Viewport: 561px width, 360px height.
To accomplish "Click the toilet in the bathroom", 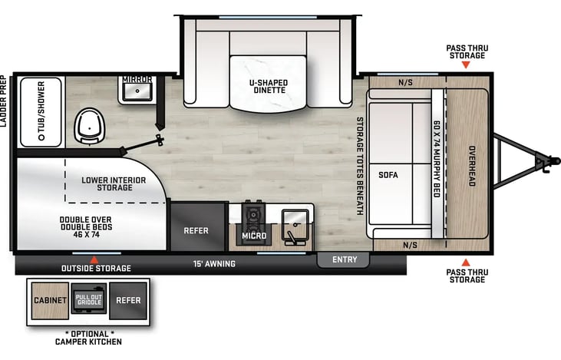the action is point(90,127).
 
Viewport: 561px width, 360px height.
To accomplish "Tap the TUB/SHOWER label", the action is point(41,111).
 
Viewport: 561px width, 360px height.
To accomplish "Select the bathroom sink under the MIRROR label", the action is point(137,92).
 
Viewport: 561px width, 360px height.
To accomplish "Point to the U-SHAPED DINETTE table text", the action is point(269,86).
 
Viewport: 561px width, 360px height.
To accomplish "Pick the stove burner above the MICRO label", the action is point(254,215).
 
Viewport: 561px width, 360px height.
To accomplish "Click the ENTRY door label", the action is point(345,259).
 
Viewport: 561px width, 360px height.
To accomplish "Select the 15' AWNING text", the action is point(214,264).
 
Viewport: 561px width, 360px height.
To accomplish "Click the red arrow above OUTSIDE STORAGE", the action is point(94,259).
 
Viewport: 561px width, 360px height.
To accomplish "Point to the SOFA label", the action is point(388,175).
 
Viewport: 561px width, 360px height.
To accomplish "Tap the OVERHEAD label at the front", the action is point(472,166).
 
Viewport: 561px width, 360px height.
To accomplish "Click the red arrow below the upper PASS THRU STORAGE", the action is point(466,64).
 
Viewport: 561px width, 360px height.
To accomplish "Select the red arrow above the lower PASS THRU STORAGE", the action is point(466,263).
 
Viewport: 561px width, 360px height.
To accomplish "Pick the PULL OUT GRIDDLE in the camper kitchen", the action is point(89,299).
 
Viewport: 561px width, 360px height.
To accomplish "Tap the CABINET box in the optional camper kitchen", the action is point(50,301).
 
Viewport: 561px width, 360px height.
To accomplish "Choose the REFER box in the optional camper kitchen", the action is point(128,301).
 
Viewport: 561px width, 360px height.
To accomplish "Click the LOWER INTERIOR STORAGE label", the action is point(114,184).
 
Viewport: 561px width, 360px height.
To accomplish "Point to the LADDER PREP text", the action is point(3,101).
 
